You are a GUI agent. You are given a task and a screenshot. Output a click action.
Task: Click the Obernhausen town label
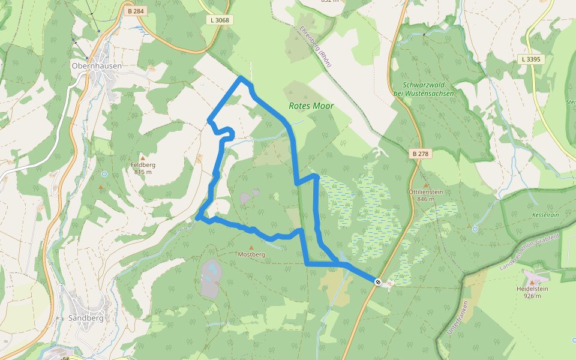(x=96, y=65)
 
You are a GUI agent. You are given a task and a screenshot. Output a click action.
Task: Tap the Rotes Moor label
(x=311, y=106)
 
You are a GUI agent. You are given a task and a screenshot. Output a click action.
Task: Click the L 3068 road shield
(x=220, y=20)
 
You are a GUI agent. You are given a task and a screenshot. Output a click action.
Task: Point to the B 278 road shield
(x=421, y=154)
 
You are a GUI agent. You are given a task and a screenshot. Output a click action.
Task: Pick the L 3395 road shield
(x=530, y=59)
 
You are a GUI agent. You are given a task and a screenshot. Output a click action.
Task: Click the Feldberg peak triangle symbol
(x=143, y=158)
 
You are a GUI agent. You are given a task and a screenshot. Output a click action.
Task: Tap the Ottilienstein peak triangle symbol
(x=426, y=185)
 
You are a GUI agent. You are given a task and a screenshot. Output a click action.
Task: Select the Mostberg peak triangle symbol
(x=251, y=247)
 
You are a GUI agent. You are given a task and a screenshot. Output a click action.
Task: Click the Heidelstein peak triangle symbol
(x=533, y=281)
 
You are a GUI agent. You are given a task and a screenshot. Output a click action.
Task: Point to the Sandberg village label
(x=85, y=318)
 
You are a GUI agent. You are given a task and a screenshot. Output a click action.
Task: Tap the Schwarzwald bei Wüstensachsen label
(x=428, y=89)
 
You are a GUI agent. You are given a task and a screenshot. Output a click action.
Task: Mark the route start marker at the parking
(x=378, y=282)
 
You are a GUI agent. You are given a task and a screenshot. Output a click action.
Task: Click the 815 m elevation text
(x=143, y=172)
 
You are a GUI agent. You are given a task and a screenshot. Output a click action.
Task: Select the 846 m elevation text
(x=425, y=199)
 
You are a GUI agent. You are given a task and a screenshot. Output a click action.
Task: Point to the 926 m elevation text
(x=532, y=296)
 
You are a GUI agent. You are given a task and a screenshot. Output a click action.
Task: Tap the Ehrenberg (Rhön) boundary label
(x=315, y=46)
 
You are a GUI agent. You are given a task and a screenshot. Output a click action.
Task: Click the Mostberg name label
(x=251, y=254)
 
